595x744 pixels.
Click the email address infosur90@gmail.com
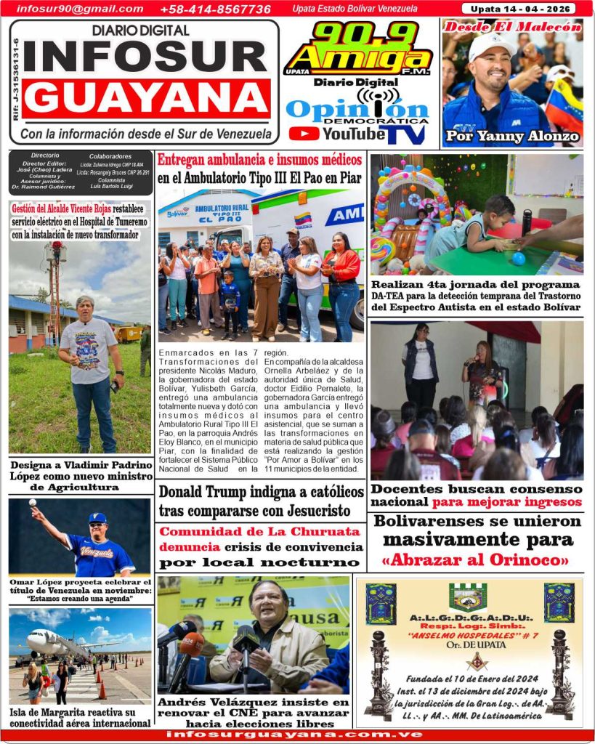80,9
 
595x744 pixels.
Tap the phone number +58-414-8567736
215,9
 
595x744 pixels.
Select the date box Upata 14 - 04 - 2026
519,9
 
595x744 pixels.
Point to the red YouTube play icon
303,134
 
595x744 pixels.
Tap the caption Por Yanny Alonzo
512,136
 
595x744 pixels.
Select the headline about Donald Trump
262,501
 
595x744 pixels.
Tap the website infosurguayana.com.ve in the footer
294,734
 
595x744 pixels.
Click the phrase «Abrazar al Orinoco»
477,560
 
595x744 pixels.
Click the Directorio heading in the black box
45,155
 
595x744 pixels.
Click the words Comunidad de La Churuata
259,532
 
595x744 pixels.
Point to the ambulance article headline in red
259,159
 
